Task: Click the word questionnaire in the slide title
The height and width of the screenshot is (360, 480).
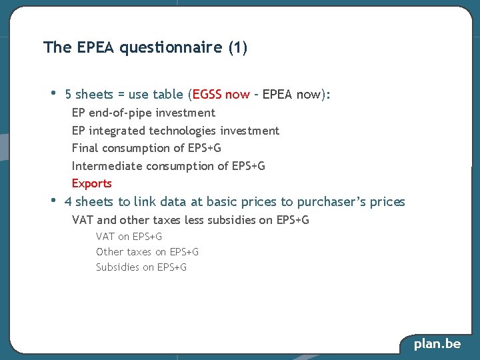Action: pos(171,48)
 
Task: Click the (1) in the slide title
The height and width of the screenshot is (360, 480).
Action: pos(237,48)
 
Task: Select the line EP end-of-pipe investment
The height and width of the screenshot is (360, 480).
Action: pos(143,113)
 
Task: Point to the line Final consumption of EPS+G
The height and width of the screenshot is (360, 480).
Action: pos(146,148)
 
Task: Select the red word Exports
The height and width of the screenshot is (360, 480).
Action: pos(92,183)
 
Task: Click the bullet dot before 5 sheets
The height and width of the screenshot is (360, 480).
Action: pos(54,93)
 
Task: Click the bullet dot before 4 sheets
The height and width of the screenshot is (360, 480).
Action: pos(54,200)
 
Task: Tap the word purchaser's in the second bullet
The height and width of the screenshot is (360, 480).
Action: pos(331,202)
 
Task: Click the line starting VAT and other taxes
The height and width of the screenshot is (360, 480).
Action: pos(190,220)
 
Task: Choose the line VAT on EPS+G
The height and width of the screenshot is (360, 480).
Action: pos(129,236)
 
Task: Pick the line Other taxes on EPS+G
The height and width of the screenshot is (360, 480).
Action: pos(147,251)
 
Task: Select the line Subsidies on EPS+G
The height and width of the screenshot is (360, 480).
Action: pos(141,267)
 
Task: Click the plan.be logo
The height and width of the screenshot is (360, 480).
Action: pos(437,344)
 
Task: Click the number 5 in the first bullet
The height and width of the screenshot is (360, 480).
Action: pos(69,95)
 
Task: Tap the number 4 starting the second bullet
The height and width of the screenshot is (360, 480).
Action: pos(68,202)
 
